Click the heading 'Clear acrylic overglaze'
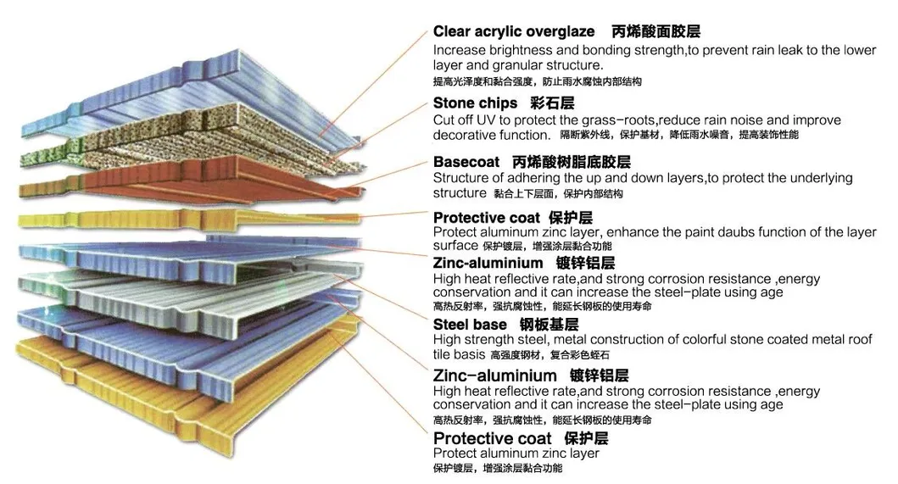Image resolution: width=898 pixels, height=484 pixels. pos(514,31)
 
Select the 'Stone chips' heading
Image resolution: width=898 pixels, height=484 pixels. pos(475,103)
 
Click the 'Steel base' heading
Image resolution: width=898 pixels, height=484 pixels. pos(470,324)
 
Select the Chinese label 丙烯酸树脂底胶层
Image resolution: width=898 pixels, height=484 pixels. pos(572,161)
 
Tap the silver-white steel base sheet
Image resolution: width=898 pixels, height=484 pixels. pos(195,292)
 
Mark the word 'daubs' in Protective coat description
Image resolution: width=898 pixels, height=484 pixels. pos(725,232)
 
